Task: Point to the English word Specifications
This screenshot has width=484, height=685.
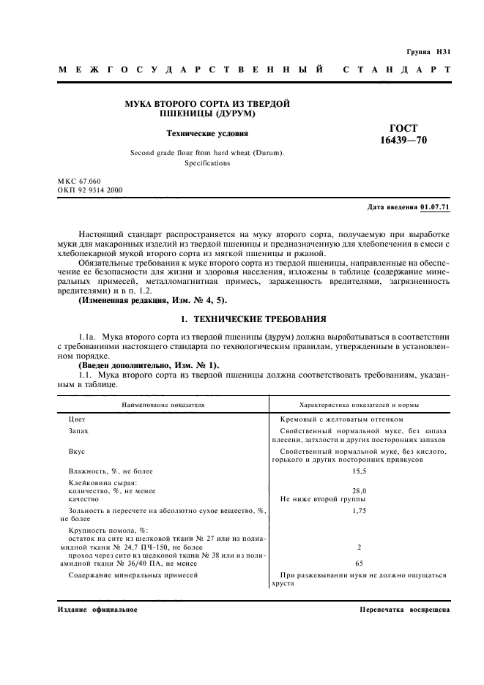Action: point(207,163)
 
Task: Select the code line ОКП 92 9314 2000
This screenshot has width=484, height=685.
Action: point(89,190)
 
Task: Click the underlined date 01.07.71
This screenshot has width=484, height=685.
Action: point(436,208)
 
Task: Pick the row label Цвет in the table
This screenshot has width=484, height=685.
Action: point(77,419)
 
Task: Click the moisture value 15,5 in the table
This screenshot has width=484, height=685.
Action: point(359,471)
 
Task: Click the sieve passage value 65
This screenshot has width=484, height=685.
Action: point(359,564)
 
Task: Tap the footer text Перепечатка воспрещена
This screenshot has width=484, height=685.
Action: point(405,610)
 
